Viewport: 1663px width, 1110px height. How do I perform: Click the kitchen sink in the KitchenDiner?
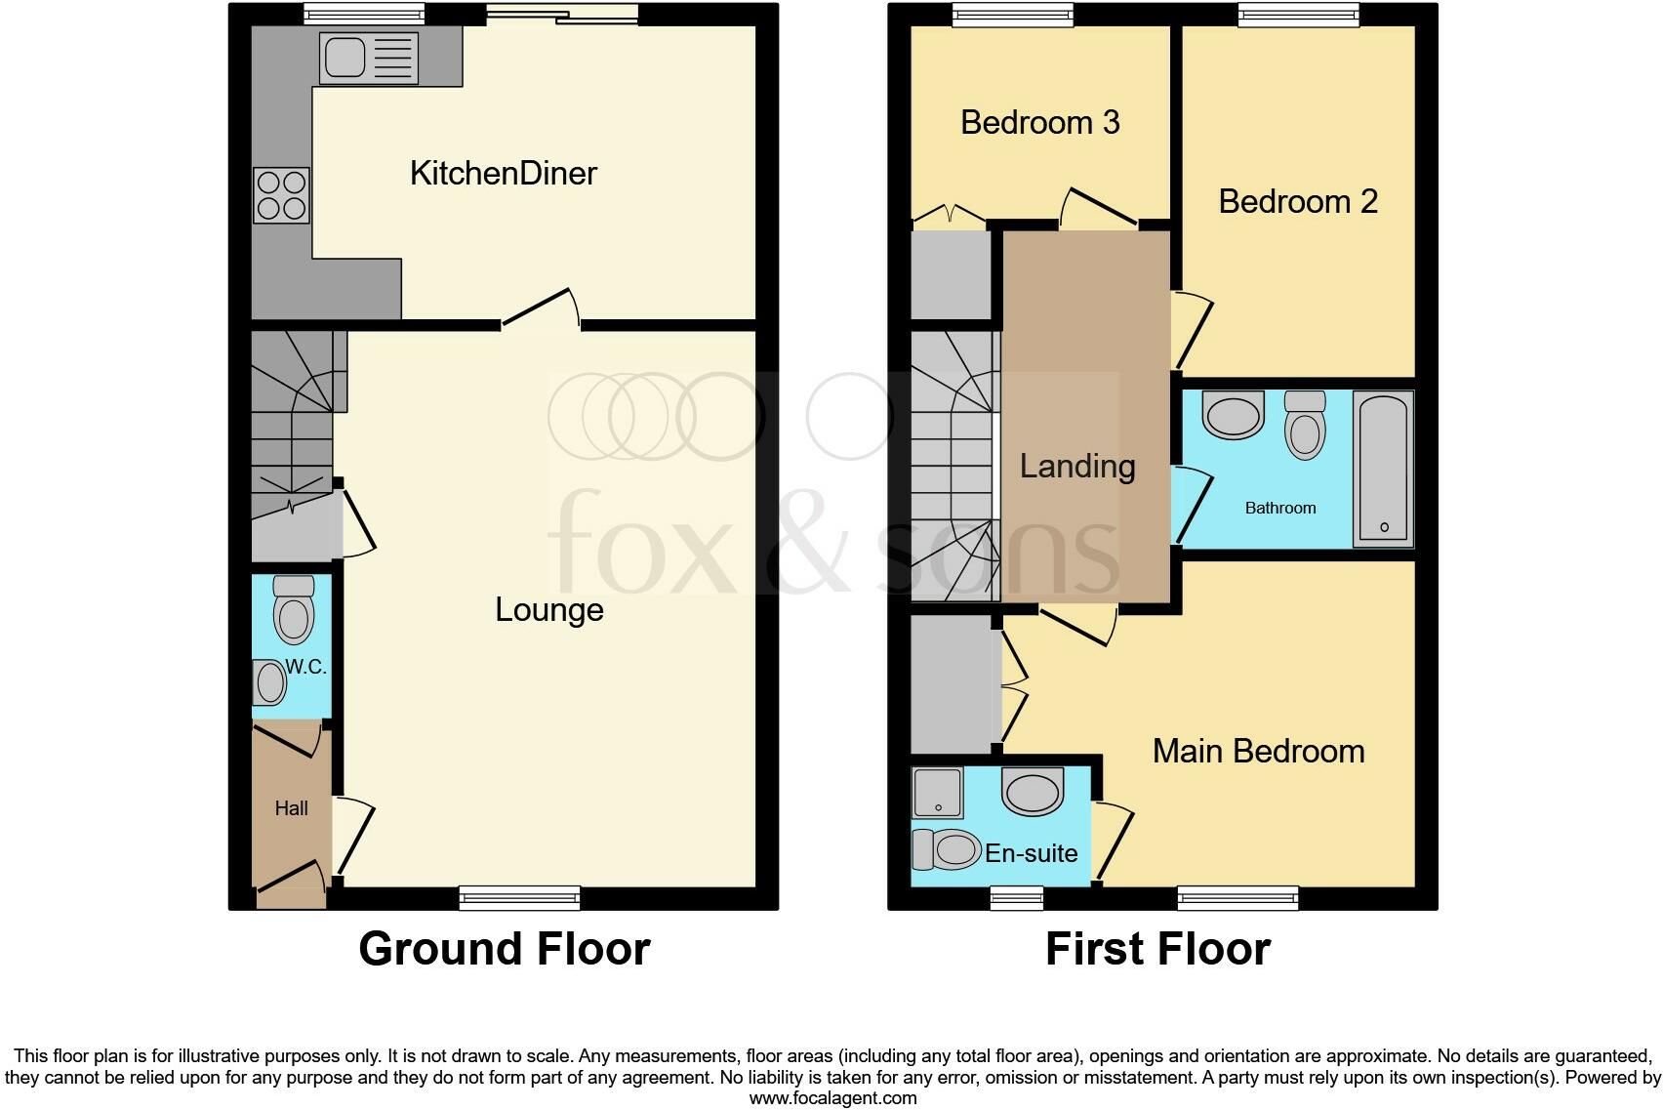[x=368, y=58]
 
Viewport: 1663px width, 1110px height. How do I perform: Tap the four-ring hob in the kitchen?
[x=281, y=195]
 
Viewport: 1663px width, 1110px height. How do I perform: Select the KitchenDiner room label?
[x=503, y=174]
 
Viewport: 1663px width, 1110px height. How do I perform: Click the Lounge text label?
[x=548, y=610]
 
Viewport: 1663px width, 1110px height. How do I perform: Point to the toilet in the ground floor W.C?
[x=294, y=609]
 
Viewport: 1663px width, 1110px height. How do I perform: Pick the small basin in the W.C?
[x=268, y=682]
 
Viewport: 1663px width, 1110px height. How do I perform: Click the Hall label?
[x=291, y=808]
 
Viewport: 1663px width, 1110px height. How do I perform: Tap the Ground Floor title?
[x=504, y=949]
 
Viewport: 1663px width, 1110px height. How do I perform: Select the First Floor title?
[x=1157, y=949]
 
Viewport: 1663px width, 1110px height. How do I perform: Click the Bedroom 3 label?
[x=1039, y=123]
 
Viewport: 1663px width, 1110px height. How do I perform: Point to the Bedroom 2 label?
[x=1297, y=202]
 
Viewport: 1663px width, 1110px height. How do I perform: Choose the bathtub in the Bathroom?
[x=1383, y=468]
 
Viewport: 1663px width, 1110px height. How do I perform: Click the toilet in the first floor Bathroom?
[x=1305, y=424]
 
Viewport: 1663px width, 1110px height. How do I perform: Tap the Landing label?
[x=1077, y=467]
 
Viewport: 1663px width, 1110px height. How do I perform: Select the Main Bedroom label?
[x=1258, y=752]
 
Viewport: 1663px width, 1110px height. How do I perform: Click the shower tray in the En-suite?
[x=937, y=792]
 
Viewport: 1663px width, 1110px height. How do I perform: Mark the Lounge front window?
[x=519, y=898]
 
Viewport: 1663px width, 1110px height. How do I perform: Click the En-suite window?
[x=1017, y=898]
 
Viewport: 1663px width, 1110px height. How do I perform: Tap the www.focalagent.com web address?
[x=832, y=1097]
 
